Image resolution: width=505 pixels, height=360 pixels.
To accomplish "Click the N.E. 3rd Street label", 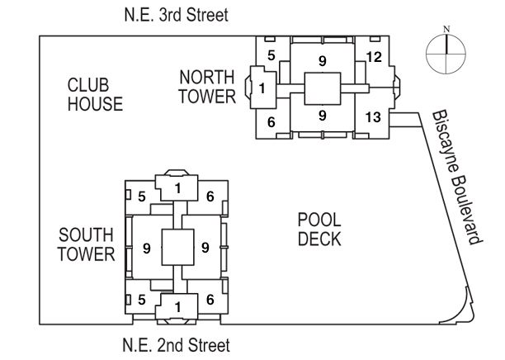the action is (x=176, y=15).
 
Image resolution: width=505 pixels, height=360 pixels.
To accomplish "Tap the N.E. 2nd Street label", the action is (x=176, y=345).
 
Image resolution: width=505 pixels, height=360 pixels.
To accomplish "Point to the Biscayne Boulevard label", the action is (x=456, y=178).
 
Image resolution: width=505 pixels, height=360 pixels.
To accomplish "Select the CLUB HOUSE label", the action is (x=95, y=95).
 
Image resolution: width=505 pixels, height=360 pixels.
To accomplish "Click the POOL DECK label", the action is (x=319, y=230).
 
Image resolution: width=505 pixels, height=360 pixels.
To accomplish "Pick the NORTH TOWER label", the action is (x=207, y=87).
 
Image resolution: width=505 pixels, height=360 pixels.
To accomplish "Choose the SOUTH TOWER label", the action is (x=87, y=244).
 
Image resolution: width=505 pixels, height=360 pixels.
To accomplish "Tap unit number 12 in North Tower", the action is (x=374, y=57).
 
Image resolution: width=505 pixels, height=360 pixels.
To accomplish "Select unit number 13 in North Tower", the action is (x=373, y=117).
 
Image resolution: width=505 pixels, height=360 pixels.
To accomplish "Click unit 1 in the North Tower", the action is (x=262, y=88).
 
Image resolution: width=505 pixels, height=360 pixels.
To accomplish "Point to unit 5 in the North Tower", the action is (x=271, y=55).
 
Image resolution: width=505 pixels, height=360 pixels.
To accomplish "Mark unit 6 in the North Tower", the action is (x=271, y=122).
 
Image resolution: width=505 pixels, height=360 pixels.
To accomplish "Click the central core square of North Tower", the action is (x=323, y=88).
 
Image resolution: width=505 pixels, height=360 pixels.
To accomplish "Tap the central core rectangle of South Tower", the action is (x=177, y=247).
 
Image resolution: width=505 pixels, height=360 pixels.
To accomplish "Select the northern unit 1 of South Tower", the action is (x=177, y=188).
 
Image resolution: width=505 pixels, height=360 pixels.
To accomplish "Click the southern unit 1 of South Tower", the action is (x=177, y=307).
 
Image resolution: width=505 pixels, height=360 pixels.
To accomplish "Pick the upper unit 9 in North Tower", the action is (x=323, y=61).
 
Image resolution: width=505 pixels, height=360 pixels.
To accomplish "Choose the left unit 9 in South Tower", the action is (x=147, y=249).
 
